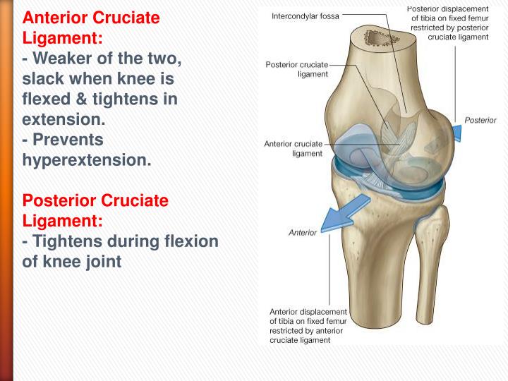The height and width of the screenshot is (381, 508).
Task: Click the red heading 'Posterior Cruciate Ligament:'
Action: pos(96,210)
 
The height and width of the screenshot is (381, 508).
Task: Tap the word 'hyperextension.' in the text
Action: pos(87,159)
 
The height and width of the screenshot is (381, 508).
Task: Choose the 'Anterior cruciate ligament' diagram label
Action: pos(294,148)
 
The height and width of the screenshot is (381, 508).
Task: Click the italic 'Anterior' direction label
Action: pos(303,233)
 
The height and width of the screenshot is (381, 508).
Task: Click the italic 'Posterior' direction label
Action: pos(480,121)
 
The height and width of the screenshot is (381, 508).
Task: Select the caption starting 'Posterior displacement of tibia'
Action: pos(447,23)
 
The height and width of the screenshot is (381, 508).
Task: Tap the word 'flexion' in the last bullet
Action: pos(194,241)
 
